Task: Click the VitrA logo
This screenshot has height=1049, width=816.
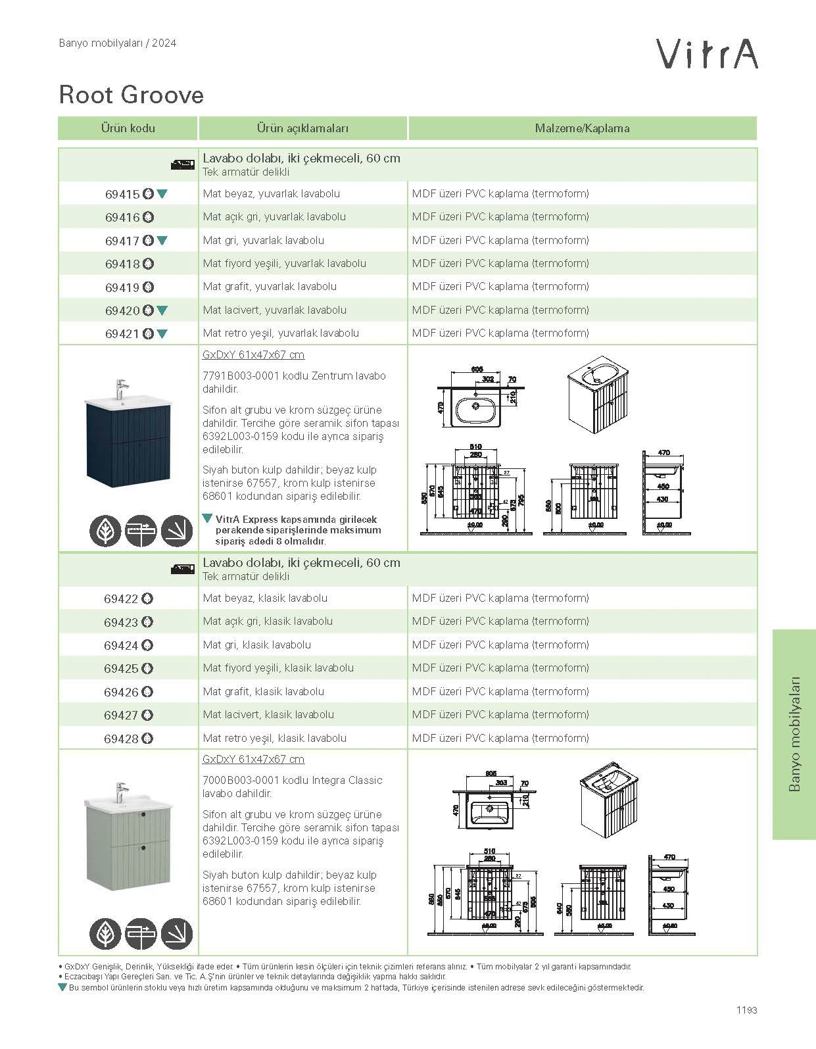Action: (707, 54)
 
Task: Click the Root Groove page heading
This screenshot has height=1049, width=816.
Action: (132, 95)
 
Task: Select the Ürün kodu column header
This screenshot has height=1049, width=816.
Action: (128, 128)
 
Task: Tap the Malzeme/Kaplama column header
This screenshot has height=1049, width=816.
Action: (582, 128)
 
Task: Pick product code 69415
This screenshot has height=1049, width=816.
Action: (122, 194)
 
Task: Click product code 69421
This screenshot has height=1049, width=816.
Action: (122, 333)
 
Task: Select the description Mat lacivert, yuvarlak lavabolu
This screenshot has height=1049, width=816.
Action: (274, 310)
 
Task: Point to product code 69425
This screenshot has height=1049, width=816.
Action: (121, 668)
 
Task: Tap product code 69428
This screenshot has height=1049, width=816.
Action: (121, 739)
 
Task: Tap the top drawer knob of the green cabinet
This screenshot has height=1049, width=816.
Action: (141, 816)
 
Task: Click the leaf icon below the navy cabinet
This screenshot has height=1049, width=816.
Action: (105, 531)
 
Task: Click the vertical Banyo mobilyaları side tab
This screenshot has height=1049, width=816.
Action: (794, 733)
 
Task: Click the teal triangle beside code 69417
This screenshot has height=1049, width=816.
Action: (162, 241)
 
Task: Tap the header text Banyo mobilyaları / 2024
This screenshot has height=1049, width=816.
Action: (118, 43)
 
